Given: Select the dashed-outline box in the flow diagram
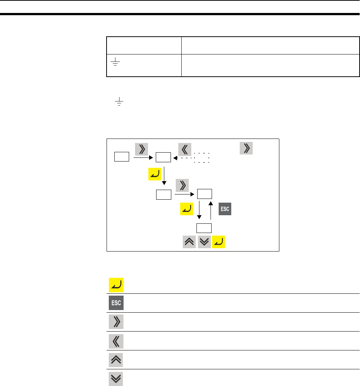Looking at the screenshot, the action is coord(202,157).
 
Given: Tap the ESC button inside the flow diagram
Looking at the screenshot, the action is coord(225,209).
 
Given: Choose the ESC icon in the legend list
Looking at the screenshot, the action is coord(116,303).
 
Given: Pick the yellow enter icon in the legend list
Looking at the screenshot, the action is coord(116,284).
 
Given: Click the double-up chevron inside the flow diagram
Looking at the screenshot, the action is coord(190,242).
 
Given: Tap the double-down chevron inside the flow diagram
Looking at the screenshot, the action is coord(204,242).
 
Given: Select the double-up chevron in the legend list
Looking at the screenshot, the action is coord(116,359).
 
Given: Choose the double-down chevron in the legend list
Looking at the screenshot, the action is coord(116,378).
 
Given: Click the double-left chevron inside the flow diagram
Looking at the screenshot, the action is coord(184,149).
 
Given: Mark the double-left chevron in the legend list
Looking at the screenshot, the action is coord(116,340).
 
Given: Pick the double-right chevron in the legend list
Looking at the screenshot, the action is coord(116,322).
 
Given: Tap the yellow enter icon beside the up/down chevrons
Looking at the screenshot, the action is coord(219,242).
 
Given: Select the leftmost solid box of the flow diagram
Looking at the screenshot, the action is coord(121,157).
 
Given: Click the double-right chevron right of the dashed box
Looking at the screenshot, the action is coord(246,148).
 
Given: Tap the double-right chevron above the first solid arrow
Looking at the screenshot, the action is coord(142,149).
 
